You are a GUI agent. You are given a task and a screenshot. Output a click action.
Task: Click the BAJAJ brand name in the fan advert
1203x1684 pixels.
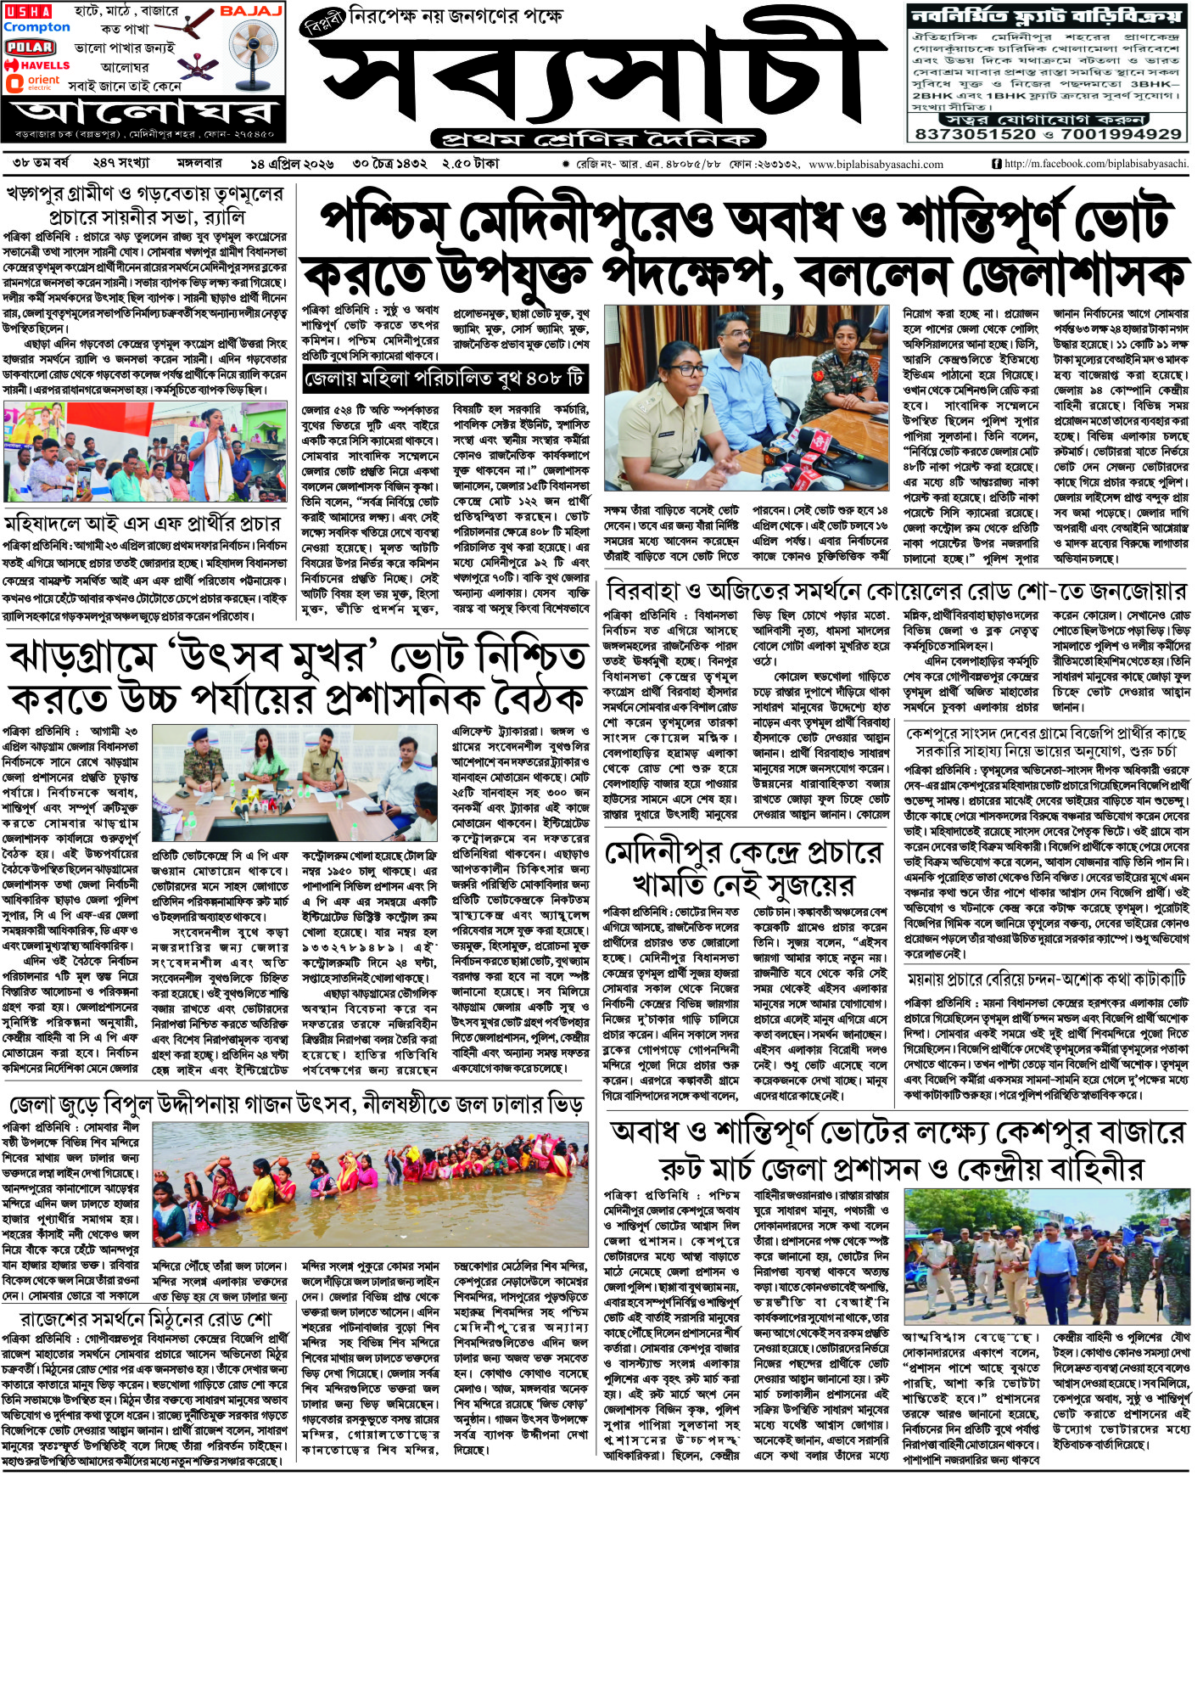250,11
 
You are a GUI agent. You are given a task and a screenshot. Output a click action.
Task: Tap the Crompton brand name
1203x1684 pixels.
36,27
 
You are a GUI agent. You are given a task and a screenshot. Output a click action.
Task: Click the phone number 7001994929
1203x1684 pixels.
1121,134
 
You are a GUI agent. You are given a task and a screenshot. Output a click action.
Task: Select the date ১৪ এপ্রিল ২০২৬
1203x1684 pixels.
292,164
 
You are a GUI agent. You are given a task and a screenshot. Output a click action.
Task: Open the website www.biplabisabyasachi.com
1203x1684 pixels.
876,165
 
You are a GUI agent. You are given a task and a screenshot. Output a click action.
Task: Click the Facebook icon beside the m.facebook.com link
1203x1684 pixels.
996,164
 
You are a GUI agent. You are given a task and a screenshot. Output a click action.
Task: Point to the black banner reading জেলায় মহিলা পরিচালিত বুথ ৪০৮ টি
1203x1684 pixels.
445,379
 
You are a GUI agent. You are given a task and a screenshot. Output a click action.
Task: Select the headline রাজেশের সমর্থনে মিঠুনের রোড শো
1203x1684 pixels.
145,1320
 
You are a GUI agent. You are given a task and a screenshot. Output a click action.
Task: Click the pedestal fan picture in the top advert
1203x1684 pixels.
254,52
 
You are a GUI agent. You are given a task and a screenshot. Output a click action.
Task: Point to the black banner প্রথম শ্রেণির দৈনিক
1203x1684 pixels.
598,138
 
